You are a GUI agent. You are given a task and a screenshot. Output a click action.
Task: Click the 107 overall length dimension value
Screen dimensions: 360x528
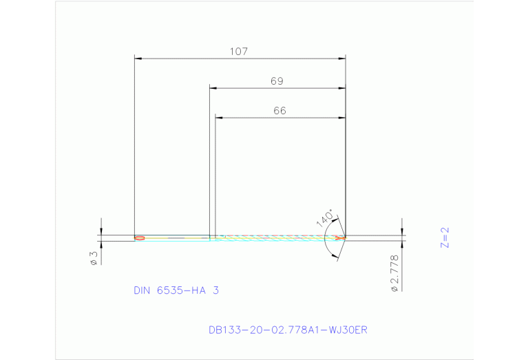(x=239, y=51)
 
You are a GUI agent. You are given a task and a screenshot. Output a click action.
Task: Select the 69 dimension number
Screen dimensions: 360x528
(x=277, y=81)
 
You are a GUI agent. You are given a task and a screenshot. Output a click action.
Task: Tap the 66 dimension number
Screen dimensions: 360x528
(x=279, y=110)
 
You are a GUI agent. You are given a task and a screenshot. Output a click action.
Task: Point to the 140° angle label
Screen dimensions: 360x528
(x=326, y=218)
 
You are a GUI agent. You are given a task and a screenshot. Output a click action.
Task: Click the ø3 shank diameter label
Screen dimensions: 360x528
(x=93, y=258)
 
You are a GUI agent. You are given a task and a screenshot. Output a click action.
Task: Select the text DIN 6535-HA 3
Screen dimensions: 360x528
(x=176, y=290)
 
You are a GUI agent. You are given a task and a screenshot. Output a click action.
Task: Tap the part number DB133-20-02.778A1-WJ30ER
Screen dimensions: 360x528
(x=288, y=330)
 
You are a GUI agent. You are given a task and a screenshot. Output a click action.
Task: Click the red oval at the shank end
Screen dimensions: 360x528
(x=140, y=238)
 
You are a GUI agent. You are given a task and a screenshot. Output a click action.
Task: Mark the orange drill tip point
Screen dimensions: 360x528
(x=340, y=238)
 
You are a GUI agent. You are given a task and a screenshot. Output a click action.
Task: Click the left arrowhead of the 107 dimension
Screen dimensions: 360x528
(x=138, y=59)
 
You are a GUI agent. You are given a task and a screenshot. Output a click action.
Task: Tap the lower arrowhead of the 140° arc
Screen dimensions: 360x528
(x=335, y=256)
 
